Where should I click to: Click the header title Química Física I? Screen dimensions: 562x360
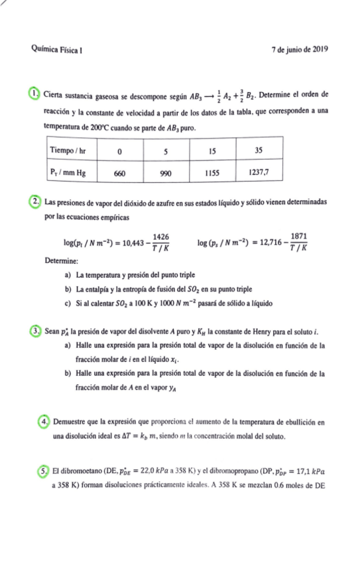pyautogui.click(x=57, y=50)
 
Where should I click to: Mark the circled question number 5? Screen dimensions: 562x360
pyautogui.click(x=43, y=471)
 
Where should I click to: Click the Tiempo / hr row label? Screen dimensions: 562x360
pyautogui.click(x=69, y=150)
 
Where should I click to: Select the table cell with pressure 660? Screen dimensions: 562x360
pyautogui.click(x=119, y=173)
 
